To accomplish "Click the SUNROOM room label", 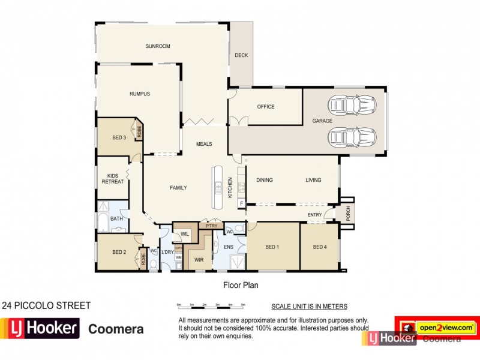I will pyautogui.click(x=158, y=46).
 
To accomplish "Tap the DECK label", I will pyautogui.click(x=241, y=56).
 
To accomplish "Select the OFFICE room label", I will pyautogui.click(x=265, y=107).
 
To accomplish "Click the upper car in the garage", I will pyautogui.click(x=352, y=106).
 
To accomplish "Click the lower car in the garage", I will pyautogui.click(x=352, y=137).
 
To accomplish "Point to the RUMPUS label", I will pyautogui.click(x=139, y=94).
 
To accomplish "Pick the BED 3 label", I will pyautogui.click(x=119, y=137).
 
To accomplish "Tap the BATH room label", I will pyautogui.click(x=116, y=219).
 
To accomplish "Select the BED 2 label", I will pyautogui.click(x=119, y=252).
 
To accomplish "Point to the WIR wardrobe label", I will pyautogui.click(x=199, y=259).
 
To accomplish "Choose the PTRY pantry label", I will pyautogui.click(x=211, y=226).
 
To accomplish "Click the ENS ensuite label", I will pyautogui.click(x=228, y=247).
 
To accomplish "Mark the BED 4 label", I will pyautogui.click(x=320, y=247).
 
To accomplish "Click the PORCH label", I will pyautogui.click(x=346, y=213).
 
